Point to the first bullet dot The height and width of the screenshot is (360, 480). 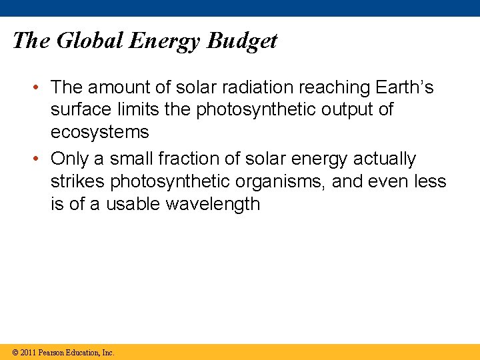(41, 87)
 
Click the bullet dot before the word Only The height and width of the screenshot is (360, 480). (41, 159)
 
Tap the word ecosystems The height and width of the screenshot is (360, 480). (100, 132)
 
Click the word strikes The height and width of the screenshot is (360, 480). (78, 181)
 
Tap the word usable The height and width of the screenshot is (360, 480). (131, 203)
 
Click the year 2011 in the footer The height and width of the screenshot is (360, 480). (28, 352)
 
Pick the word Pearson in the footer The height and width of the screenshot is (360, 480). (53, 352)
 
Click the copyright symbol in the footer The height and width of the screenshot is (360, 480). (14, 352)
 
